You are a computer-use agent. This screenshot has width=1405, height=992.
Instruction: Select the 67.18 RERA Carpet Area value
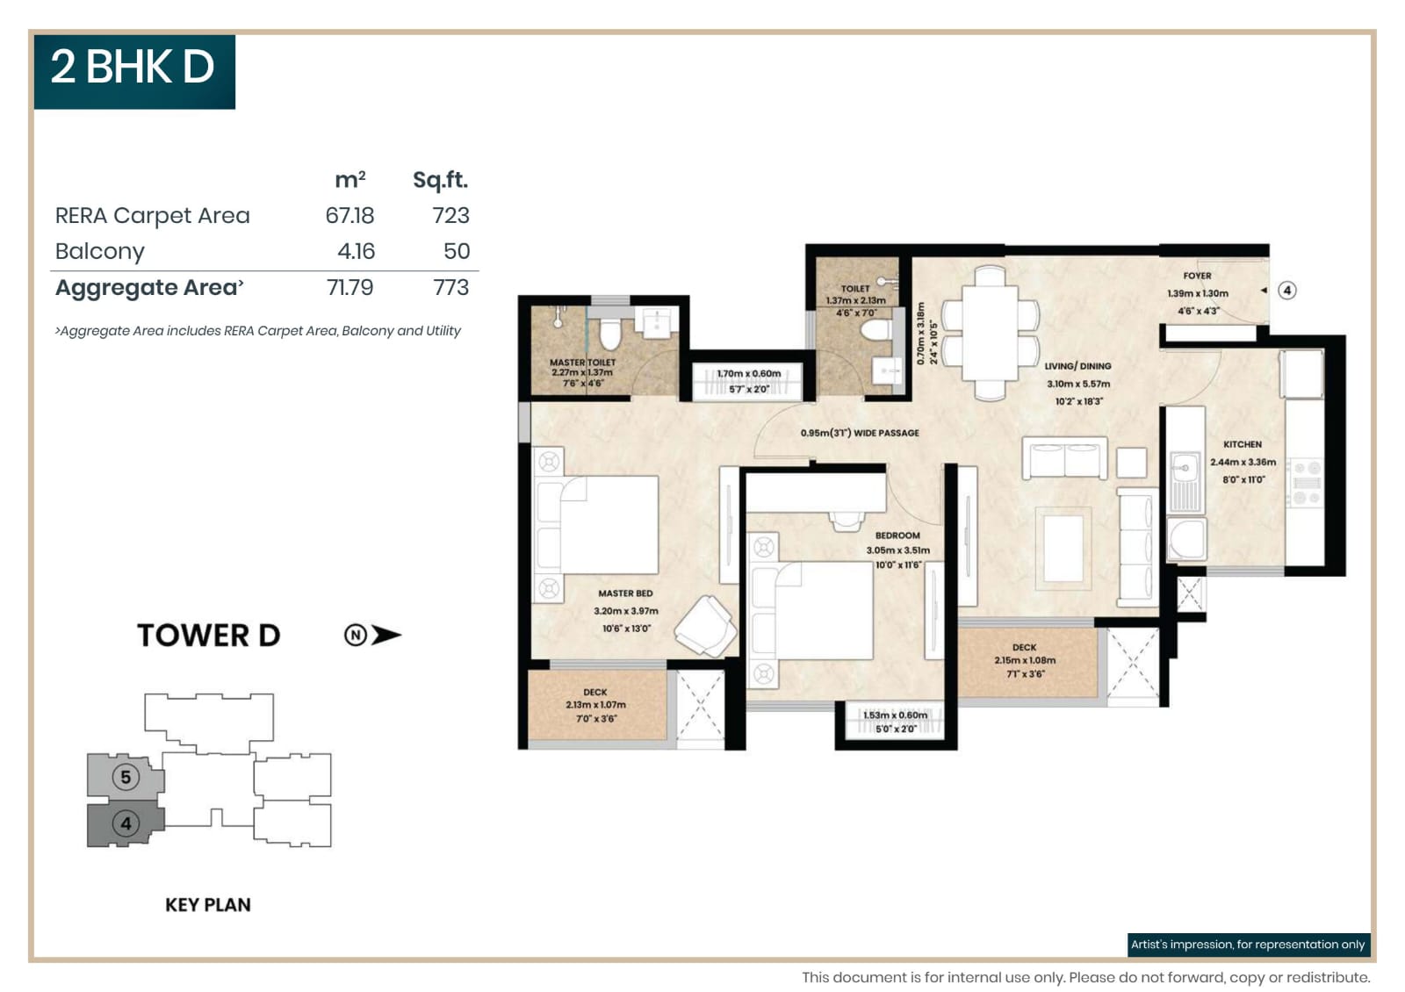click(349, 216)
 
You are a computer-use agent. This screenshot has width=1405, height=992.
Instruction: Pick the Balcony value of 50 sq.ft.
click(456, 252)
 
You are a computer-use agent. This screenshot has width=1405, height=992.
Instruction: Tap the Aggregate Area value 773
click(450, 288)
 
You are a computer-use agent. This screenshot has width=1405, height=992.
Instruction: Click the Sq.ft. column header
click(440, 180)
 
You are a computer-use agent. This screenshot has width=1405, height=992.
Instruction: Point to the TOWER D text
click(208, 635)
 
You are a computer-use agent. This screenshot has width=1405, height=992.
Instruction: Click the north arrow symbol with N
click(372, 635)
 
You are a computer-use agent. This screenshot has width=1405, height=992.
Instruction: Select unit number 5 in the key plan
click(126, 777)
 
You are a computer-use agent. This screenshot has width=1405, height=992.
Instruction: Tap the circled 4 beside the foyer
click(1287, 291)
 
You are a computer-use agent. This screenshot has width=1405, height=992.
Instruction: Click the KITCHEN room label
click(1242, 444)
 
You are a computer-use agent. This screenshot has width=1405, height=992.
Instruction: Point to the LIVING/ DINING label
click(1077, 366)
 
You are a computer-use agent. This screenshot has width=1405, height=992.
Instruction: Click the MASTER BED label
click(625, 593)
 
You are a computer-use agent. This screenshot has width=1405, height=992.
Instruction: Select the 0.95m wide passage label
click(859, 433)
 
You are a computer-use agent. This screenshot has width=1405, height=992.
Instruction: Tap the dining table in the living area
click(991, 334)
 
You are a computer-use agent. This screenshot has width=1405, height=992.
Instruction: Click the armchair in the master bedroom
click(707, 625)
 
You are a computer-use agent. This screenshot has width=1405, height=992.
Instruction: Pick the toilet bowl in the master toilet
click(609, 334)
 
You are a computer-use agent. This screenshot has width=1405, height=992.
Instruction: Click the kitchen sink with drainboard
click(1185, 481)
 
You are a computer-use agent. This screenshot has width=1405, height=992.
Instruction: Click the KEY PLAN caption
click(208, 904)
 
